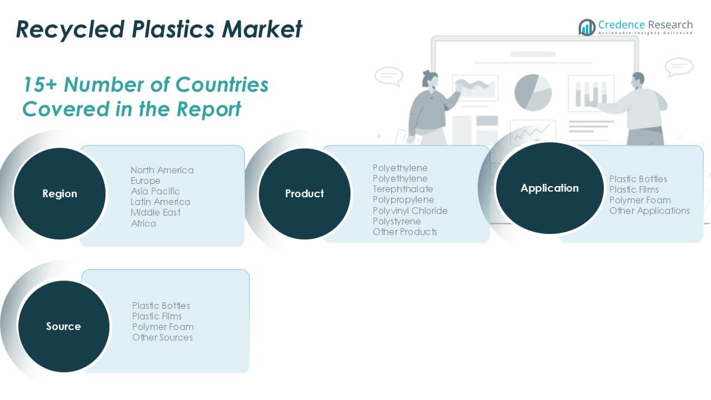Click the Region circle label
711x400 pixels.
coord(59,194)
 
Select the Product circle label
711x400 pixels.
coord(304,194)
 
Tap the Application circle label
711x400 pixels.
coord(549,188)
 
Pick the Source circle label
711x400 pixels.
coord(63,327)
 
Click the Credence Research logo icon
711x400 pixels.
coord(587,27)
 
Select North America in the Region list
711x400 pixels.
coord(162,170)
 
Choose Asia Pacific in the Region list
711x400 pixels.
coord(155,191)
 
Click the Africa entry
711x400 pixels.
coord(143,223)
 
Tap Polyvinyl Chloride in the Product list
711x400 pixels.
coord(410,211)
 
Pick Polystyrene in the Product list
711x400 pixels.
coord(397,221)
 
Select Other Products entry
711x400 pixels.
coord(405,232)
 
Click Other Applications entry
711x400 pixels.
coord(649,211)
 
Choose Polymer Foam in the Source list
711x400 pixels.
coord(163,327)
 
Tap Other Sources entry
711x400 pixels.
coord(162,337)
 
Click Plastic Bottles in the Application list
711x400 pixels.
coord(638,179)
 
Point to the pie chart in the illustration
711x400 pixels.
coord(533,92)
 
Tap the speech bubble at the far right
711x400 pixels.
coord(679,67)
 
